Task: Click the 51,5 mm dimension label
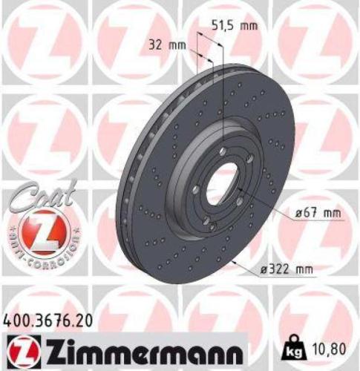(x=237, y=26)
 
